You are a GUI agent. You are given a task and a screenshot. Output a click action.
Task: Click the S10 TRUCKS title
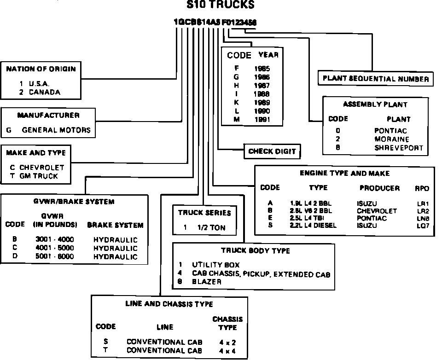pos(220,5)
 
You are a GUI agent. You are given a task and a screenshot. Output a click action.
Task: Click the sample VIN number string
pos(215,22)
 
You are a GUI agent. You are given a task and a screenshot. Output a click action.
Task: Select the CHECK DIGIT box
pos(272,151)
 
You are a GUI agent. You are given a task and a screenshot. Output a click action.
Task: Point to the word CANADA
pos(45,92)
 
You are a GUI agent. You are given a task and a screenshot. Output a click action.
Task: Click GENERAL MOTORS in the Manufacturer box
pos(56,130)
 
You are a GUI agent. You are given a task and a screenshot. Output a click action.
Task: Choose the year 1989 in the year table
pos(262,102)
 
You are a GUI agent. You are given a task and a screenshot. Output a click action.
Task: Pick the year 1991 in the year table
pos(262,119)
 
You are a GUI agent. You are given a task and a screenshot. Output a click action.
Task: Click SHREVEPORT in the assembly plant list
pos(398,148)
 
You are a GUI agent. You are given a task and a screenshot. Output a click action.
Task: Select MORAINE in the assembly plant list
pos(390,139)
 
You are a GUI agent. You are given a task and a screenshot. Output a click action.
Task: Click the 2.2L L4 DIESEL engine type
pos(313,226)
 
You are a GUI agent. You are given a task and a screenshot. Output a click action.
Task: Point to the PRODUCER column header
pos(379,188)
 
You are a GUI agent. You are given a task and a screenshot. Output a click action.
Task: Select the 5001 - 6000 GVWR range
pos(54,256)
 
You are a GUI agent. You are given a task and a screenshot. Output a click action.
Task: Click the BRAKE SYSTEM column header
pos(115,226)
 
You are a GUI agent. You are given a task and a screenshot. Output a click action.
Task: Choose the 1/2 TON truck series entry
pos(211,227)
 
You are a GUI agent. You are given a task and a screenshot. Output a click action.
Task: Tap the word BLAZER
pos(207,282)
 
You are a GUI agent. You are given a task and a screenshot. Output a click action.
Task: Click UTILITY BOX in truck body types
pos(215,265)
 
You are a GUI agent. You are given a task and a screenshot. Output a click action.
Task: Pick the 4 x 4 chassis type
pos(227,350)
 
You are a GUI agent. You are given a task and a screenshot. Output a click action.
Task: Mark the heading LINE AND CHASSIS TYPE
pos(169,304)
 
